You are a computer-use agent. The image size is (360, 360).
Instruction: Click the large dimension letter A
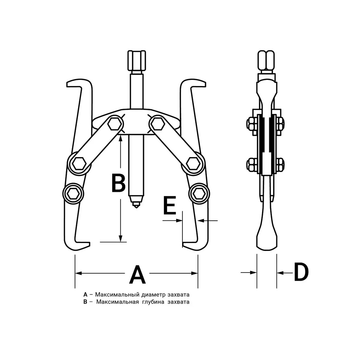[x=137, y=274]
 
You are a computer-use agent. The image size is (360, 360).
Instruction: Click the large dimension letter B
[x=118, y=183]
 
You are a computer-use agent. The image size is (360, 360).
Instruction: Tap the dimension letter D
[x=301, y=272]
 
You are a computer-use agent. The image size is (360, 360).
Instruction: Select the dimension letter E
[x=170, y=205]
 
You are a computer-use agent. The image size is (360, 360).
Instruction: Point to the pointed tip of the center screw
[x=136, y=207]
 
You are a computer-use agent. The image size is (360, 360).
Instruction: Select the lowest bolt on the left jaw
[x=73, y=194]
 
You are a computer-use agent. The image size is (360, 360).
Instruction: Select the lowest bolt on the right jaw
[x=199, y=194]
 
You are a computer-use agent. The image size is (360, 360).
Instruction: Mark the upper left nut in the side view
[x=252, y=124]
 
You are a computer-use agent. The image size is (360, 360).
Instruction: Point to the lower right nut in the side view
[x=280, y=165]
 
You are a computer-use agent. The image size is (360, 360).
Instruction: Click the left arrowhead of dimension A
[x=78, y=273]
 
